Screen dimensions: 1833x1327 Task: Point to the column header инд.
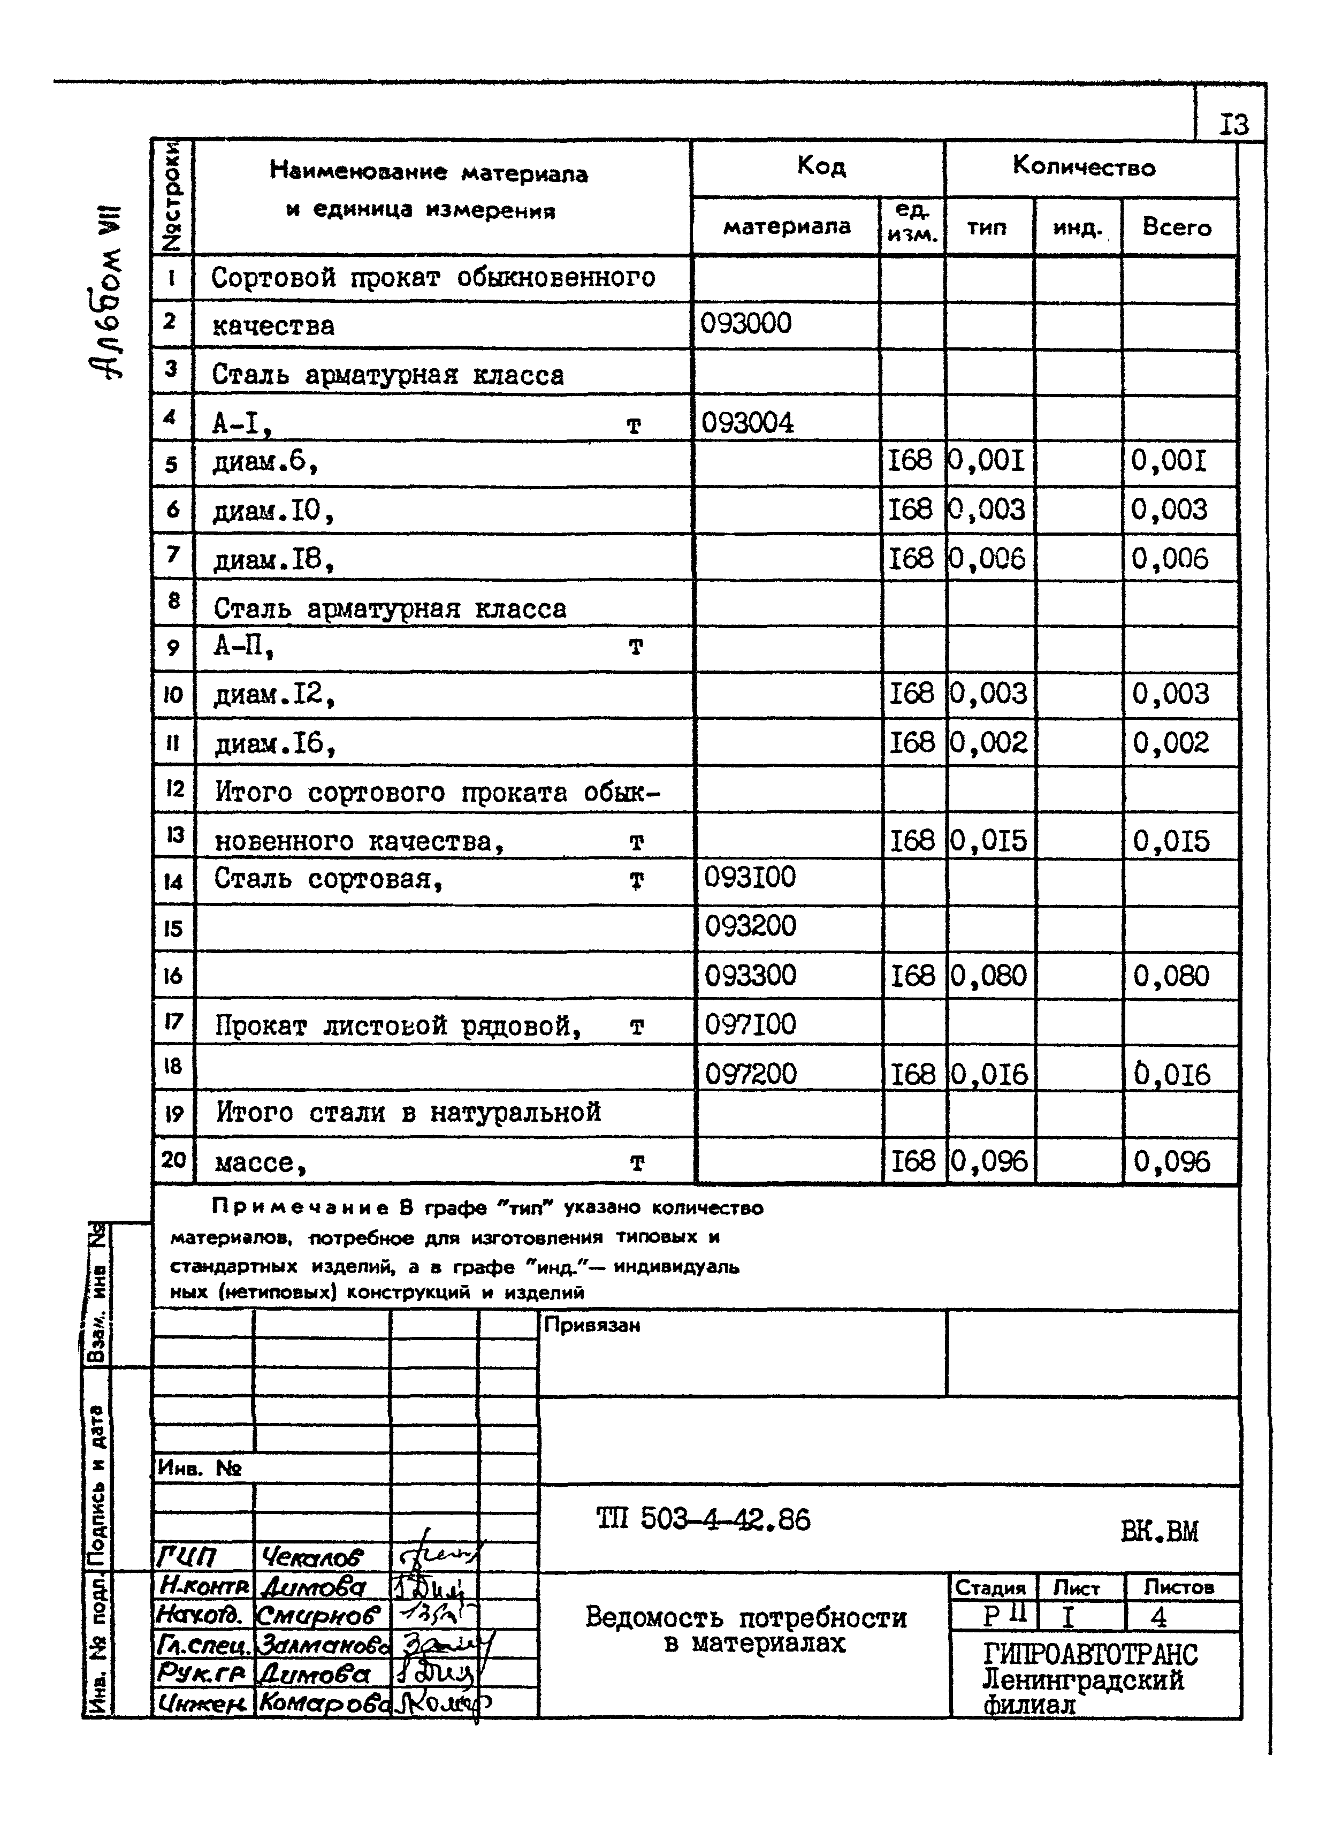point(1077,229)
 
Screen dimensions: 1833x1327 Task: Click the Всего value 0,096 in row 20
point(1171,1161)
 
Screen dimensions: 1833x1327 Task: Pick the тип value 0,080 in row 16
point(988,976)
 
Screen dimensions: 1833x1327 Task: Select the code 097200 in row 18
point(750,1073)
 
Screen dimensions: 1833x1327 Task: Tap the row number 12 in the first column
point(174,789)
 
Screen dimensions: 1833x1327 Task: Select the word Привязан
point(592,1326)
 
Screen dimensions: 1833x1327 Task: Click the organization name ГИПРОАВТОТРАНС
point(1089,1654)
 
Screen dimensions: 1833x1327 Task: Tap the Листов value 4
point(1157,1617)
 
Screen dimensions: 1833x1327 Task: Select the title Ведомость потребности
point(745,1617)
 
